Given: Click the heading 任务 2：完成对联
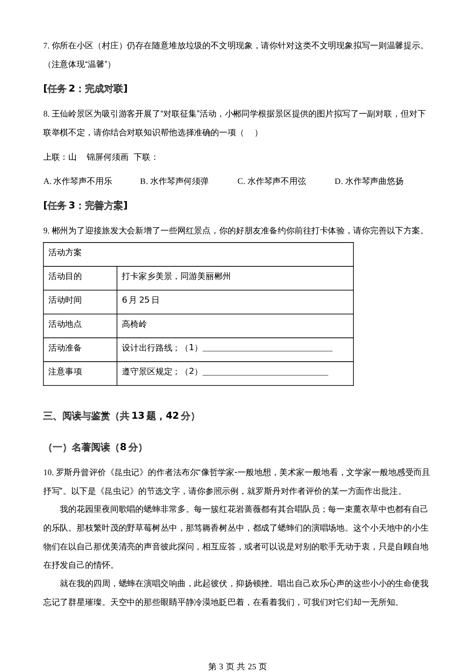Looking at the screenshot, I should (85, 89).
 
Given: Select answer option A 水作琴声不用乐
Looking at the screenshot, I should (78, 181).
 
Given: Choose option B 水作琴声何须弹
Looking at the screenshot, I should (174, 181).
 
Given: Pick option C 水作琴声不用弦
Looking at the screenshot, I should (272, 181).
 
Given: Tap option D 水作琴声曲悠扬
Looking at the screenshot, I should (369, 181).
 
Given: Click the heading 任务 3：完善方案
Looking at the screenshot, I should (85, 206).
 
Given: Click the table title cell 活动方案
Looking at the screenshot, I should (65, 253).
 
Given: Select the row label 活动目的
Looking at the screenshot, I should (65, 277).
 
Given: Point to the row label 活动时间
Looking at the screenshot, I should (65, 300).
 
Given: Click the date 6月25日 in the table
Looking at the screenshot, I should (140, 300).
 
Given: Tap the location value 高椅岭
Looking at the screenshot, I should (134, 325).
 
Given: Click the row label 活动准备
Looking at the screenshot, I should (65, 348).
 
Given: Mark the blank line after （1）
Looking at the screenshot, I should (267, 349).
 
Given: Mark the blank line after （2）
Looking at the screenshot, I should (265, 372).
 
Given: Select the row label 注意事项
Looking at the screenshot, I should (65, 372).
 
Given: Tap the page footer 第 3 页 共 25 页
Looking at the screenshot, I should (237, 656).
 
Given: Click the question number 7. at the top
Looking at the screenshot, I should (46, 46).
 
